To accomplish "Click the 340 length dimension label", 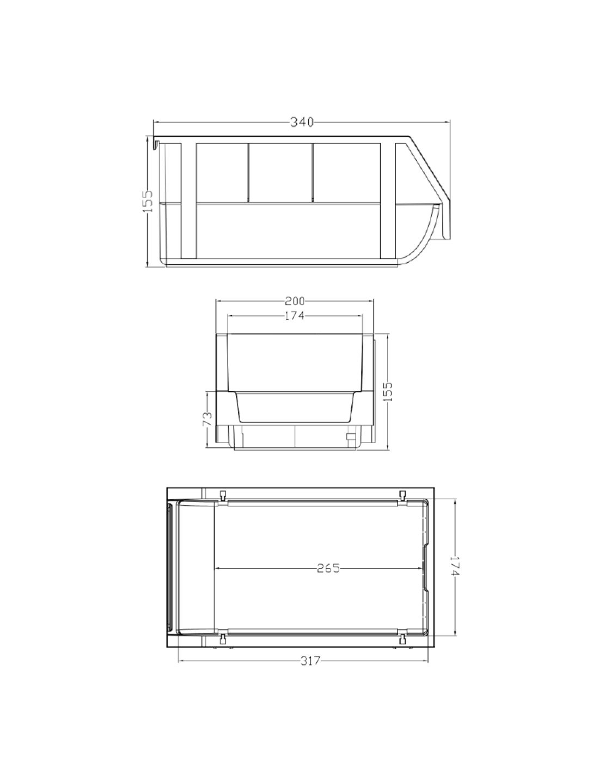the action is tap(302, 122).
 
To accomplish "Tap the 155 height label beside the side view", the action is tap(148, 201).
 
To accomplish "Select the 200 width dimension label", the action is tap(295, 301).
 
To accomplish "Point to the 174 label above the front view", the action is tap(295, 316).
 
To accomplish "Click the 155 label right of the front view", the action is tap(388, 391).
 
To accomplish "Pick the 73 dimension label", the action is tap(207, 419).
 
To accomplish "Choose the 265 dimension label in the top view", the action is tap(328, 568).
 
